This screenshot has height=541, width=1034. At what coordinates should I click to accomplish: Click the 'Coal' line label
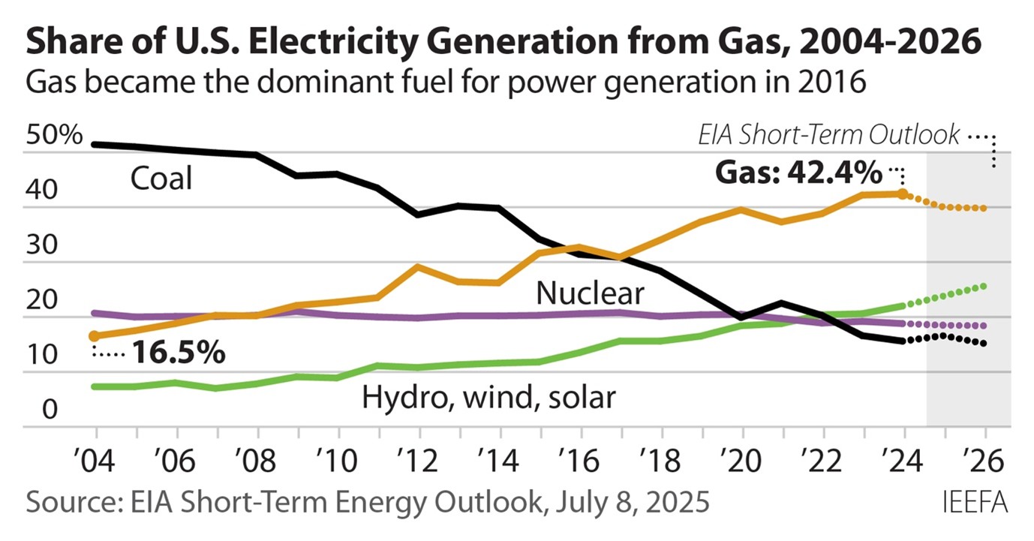click(x=161, y=179)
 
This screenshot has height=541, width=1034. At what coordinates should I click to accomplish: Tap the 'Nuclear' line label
click(x=589, y=293)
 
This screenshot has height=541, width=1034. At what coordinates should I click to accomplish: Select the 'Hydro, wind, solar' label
click(x=488, y=396)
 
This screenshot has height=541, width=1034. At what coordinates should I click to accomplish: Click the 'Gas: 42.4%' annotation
click(x=798, y=174)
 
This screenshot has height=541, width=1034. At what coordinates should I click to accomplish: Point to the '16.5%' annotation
click(x=179, y=353)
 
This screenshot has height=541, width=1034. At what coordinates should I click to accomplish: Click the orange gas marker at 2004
click(x=94, y=336)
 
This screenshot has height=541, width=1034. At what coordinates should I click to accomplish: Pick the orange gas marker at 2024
click(x=904, y=194)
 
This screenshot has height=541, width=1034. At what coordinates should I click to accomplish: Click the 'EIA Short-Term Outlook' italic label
click(x=829, y=134)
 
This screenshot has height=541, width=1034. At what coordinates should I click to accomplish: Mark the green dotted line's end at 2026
click(x=984, y=286)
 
